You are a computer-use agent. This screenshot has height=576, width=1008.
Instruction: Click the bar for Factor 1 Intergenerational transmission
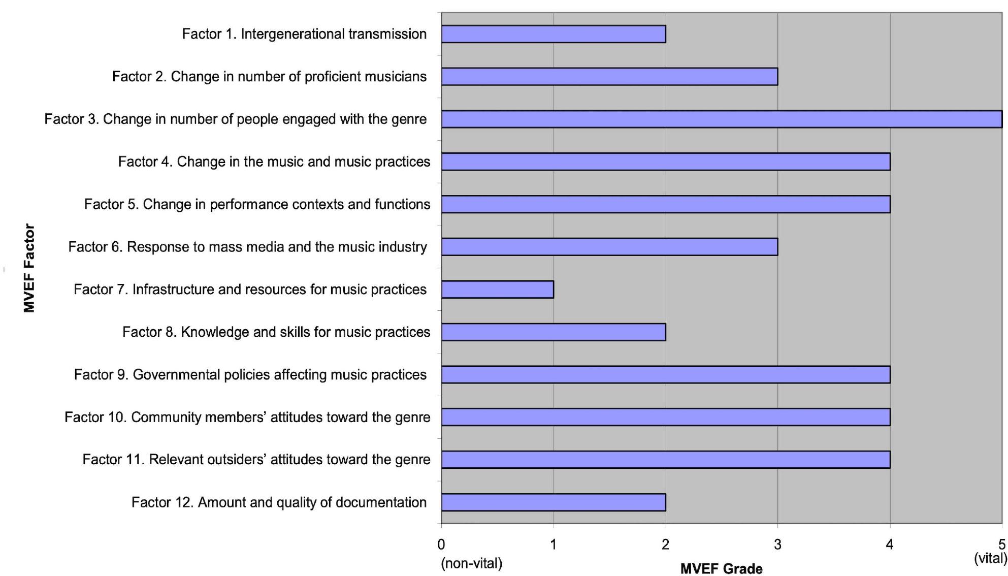[554, 34]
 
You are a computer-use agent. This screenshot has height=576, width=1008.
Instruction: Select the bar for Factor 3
[721, 119]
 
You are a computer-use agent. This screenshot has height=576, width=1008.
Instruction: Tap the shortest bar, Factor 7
[498, 290]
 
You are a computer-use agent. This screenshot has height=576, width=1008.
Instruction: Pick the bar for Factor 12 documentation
[554, 502]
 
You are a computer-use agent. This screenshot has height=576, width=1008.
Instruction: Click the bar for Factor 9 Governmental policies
[665, 375]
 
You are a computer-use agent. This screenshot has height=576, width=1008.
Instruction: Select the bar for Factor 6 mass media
[609, 247]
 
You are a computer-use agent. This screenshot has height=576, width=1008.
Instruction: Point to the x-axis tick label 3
[777, 545]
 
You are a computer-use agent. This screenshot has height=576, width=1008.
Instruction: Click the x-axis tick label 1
[554, 545]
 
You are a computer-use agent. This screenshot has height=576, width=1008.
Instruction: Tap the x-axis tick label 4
[890, 545]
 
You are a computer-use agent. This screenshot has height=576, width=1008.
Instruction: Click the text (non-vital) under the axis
[472, 563]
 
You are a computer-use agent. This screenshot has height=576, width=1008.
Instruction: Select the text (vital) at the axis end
[990, 558]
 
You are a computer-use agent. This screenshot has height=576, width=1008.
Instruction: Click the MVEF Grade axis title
[721, 568]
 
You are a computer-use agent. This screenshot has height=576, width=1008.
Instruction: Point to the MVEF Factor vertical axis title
[29, 268]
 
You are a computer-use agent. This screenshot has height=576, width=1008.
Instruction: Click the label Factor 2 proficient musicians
[269, 77]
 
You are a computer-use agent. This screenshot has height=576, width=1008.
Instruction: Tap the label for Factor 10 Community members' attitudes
[247, 418]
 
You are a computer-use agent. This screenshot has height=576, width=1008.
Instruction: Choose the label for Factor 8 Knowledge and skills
[276, 332]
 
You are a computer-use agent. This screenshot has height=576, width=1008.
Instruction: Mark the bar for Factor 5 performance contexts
[665, 204]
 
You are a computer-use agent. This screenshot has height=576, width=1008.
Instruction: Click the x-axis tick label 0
[441, 545]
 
